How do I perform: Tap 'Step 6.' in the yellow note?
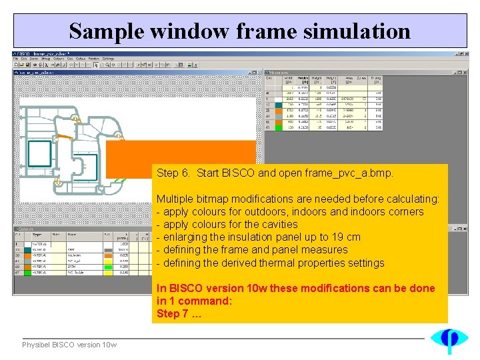coord(173,173)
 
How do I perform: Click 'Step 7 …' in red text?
coord(179,313)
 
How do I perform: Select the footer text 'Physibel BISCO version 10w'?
coord(69,345)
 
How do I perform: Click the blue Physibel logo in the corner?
coord(449,339)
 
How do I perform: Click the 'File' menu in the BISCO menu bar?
coord(17,59)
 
